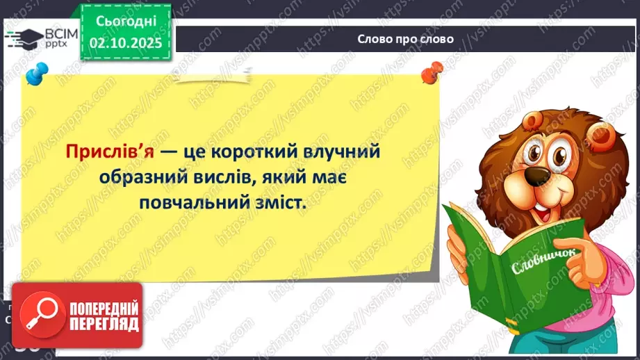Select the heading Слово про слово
[405, 39]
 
